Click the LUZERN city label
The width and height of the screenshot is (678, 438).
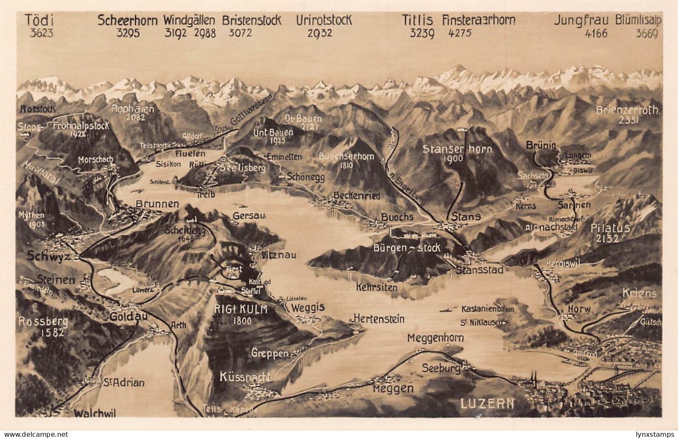click(488, 403)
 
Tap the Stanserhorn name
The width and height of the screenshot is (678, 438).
click(457, 149)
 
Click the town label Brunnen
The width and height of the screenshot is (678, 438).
click(157, 204)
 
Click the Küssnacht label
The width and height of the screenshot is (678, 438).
click(245, 378)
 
